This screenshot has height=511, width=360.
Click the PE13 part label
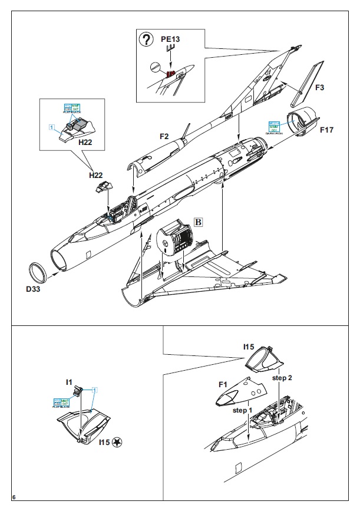coord(170,39)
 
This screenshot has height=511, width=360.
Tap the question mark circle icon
coord(145,40)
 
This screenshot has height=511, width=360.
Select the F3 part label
coord(319,88)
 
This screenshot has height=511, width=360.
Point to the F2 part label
coord(164,136)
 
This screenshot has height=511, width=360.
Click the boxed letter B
coord(199,222)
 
